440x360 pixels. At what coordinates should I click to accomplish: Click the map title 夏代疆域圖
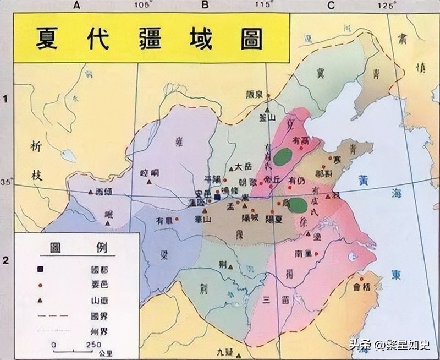tap(150, 39)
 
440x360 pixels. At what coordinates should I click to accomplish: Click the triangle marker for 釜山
tap(267, 103)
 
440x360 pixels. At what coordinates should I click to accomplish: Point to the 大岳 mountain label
tap(243, 166)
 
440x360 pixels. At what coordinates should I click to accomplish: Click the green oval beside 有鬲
tap(284, 157)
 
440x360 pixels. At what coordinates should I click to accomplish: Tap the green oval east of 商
tap(298, 206)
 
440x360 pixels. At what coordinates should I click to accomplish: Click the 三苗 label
tap(275, 300)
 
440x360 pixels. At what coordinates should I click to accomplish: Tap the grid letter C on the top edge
tap(331, 5)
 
